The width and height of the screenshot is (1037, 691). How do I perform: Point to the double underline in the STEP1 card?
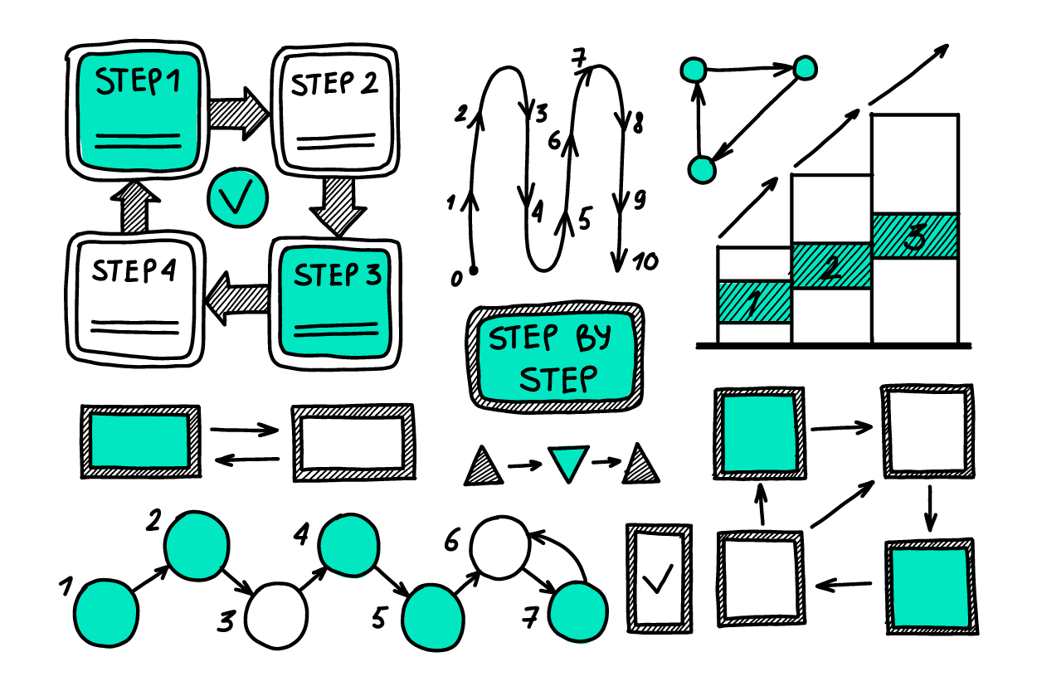138,141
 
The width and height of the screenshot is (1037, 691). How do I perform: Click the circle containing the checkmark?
237,198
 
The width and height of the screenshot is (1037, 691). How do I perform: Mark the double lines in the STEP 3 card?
336,329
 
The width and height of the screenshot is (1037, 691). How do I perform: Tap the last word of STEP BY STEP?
557,379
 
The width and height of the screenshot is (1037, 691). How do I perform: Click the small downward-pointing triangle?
568,462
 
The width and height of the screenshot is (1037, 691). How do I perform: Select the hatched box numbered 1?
754,302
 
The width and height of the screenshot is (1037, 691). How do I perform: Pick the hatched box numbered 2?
831,265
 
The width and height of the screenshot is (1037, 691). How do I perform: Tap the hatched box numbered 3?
914,236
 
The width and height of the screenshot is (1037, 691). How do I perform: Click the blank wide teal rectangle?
139,440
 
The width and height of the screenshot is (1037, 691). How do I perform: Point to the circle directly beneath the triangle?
578,612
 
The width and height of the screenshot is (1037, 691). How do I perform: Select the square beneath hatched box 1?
760,433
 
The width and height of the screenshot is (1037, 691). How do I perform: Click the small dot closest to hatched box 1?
702,170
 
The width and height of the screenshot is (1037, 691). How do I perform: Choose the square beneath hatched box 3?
930,587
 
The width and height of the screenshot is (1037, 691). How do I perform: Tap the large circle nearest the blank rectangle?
197,546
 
